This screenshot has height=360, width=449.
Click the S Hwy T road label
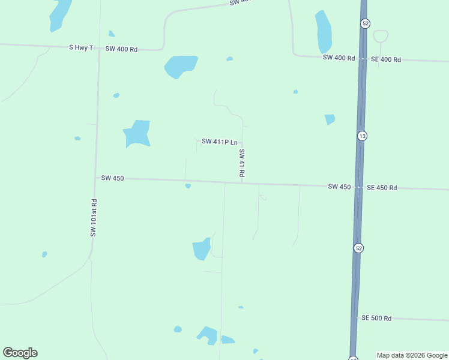82,47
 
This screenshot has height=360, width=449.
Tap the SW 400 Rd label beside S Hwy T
121,49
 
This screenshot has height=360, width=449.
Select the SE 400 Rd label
385,59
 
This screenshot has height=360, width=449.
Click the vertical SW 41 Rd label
242,162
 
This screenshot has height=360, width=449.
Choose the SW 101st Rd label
94,217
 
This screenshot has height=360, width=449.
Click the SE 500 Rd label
376,318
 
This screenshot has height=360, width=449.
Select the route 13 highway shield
361,136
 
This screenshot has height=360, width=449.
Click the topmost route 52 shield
366,23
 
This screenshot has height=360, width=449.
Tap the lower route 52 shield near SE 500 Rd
358,248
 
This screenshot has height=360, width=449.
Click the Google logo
20,353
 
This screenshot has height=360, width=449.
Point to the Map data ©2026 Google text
412,355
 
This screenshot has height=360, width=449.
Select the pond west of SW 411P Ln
137,133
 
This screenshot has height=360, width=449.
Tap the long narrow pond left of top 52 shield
324,31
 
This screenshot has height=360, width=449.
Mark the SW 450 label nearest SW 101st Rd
112,178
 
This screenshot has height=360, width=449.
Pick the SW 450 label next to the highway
339,187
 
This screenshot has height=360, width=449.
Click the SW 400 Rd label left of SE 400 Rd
339,58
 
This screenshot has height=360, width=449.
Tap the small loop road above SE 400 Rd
381,36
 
